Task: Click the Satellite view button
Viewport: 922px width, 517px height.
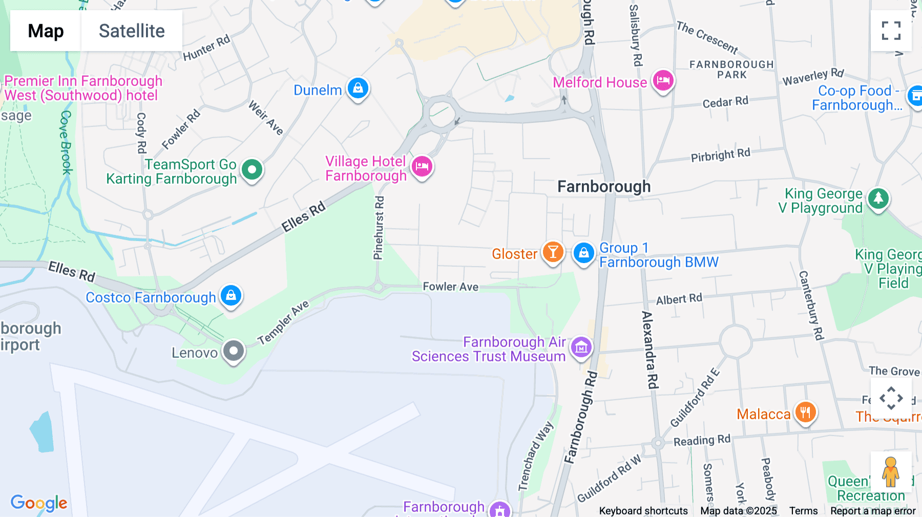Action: point(132,31)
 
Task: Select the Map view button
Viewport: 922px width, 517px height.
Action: point(46,31)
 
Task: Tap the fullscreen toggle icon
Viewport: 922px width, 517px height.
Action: point(891,31)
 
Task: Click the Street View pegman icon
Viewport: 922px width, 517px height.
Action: point(891,471)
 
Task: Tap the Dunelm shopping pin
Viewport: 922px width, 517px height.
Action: point(358,89)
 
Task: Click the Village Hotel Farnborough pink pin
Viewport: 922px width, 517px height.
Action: point(422,166)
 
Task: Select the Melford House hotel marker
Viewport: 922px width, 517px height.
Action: point(663,81)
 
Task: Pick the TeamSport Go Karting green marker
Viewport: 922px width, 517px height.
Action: point(252,169)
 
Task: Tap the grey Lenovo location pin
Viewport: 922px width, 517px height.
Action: point(234,351)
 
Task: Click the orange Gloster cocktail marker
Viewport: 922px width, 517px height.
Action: point(553,252)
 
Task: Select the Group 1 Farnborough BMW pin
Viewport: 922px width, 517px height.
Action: point(583,253)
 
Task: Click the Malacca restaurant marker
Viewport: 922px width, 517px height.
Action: point(805,412)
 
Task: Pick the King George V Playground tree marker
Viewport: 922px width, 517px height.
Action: point(878,199)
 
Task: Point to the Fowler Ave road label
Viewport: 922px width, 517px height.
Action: point(450,287)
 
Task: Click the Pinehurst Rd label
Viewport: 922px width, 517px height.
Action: point(379,228)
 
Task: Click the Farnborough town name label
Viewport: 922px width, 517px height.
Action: point(604,187)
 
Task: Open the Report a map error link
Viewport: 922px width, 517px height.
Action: point(873,510)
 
